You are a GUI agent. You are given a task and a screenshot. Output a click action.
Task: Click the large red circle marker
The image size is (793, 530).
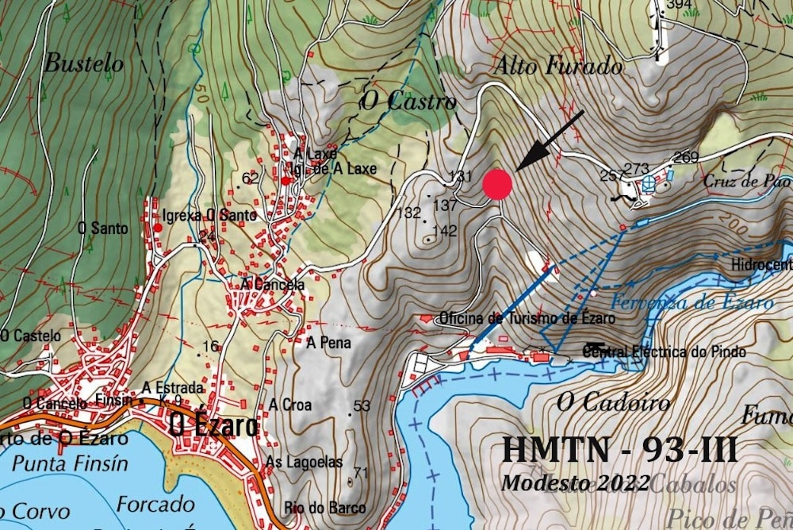(497, 184)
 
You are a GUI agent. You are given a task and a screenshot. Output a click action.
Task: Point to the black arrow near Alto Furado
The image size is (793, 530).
(549, 140)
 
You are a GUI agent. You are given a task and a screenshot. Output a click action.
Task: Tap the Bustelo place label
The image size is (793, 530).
(84, 63)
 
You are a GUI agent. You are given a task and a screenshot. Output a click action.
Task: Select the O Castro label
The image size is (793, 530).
(408, 102)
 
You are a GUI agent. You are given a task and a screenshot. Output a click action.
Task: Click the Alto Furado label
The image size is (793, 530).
(557, 66)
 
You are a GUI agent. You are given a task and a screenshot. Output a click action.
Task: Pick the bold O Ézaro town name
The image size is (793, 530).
(213, 426)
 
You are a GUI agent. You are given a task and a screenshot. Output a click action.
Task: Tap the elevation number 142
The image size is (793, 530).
(446, 231)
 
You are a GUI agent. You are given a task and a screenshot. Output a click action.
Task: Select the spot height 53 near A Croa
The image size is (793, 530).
(362, 406)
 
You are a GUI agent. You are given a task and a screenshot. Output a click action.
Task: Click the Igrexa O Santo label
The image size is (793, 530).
(209, 216)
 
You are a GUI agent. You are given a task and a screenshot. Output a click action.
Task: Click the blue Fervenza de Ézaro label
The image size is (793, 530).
(691, 302)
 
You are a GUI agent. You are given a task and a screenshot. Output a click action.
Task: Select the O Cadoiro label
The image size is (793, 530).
(613, 402)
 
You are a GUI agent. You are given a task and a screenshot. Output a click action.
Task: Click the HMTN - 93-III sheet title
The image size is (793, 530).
(619, 450)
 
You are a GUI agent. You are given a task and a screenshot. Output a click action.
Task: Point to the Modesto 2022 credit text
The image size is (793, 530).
(575, 482)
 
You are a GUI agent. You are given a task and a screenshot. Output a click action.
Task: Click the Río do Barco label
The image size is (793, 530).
(326, 508)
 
